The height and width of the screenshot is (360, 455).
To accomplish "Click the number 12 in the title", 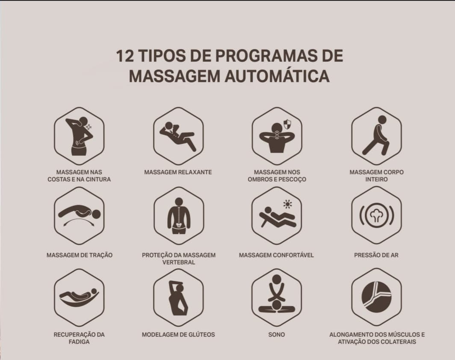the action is tap(125, 56).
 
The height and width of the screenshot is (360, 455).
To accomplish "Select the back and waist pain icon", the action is tap(79, 136).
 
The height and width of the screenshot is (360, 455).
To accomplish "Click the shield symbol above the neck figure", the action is tap(287, 124).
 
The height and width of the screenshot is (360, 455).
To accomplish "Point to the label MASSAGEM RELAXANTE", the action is tap(178, 172).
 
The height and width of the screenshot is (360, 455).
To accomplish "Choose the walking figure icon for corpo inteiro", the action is tap(376, 135).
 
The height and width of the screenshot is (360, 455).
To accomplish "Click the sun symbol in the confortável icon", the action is tap(287, 204).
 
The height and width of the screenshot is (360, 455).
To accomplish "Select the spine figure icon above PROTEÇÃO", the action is tap(179, 216).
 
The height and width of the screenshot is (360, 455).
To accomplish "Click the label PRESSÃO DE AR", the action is tap(376, 255).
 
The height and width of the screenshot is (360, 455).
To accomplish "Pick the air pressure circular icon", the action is tap(376, 215).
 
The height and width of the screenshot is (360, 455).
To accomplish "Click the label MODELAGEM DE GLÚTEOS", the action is tap(178, 334).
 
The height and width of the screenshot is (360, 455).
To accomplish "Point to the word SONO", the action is tap(277, 334).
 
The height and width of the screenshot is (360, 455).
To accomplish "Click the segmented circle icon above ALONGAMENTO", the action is tap(376, 297).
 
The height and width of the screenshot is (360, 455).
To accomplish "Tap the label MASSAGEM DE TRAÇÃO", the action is tap(79, 255).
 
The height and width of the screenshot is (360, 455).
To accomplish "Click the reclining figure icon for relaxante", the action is tap(177, 136).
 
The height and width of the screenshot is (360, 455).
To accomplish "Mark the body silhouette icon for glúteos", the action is tap(178, 298).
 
